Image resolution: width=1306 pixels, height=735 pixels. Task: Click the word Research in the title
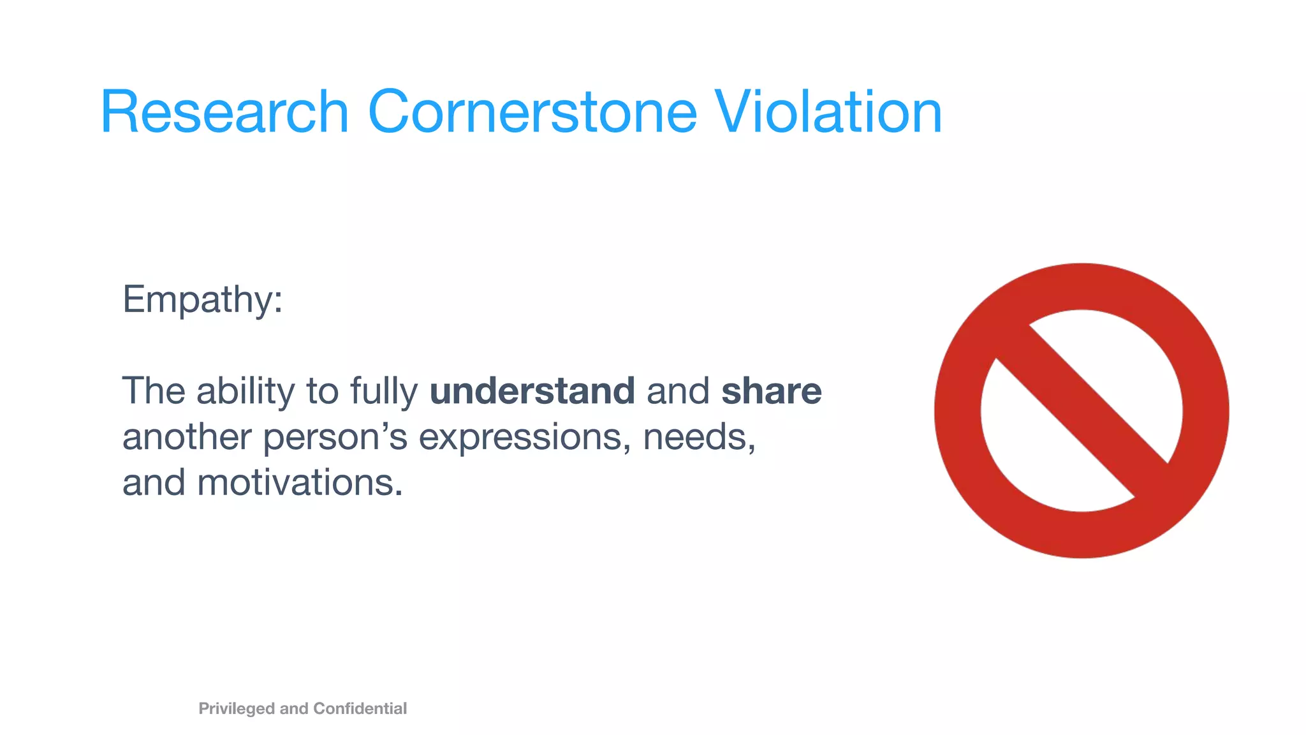pyautogui.click(x=224, y=112)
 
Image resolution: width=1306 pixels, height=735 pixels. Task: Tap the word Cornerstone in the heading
pyautogui.click(x=532, y=112)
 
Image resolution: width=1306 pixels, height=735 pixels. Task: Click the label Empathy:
pyautogui.click(x=202, y=299)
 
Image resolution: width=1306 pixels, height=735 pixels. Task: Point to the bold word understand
pyautogui.click(x=532, y=391)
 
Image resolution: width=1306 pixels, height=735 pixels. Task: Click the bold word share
pyautogui.click(x=771, y=391)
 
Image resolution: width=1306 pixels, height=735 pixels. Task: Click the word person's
pyautogui.click(x=335, y=438)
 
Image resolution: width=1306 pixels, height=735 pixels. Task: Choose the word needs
pyautogui.click(x=698, y=437)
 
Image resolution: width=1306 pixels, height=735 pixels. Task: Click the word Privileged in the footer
pyautogui.click(x=237, y=709)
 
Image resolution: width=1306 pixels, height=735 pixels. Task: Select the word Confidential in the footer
pyautogui.click(x=360, y=708)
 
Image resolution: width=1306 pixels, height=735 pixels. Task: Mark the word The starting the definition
pyautogui.click(x=153, y=391)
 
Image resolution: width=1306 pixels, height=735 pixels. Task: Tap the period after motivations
pyautogui.click(x=399, y=494)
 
